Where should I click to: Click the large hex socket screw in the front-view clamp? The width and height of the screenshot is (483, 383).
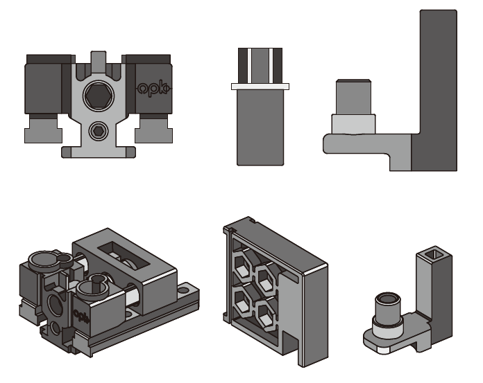[x=99, y=96]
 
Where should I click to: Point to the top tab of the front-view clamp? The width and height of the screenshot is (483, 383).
[x=99, y=60]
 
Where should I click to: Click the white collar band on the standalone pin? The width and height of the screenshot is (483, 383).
[x=260, y=87]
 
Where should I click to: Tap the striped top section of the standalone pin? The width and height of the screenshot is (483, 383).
[x=260, y=66]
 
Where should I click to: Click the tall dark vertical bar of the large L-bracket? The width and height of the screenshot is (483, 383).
[x=438, y=90]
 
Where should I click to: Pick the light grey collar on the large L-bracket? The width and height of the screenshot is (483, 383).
[x=353, y=124]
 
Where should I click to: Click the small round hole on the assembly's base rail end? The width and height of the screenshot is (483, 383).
[x=184, y=290]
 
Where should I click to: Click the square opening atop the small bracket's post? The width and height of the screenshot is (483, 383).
[x=434, y=254]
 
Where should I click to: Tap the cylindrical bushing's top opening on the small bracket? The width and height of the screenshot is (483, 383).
[x=388, y=299]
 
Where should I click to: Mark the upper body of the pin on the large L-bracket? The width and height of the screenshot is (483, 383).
[x=353, y=97]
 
